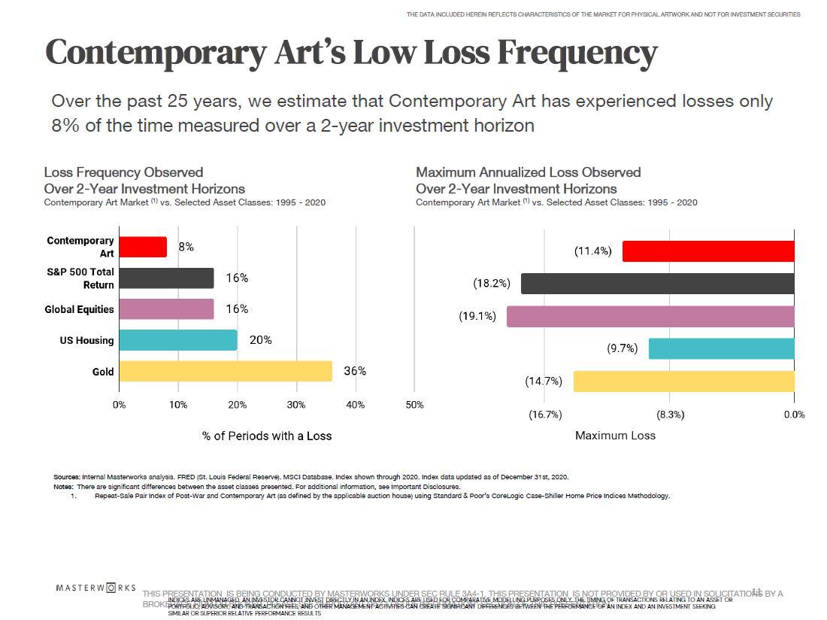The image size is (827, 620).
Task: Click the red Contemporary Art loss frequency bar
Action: pos(143,247)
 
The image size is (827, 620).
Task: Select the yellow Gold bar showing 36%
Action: pos(226,371)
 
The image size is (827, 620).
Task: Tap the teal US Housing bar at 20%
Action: pos(178,340)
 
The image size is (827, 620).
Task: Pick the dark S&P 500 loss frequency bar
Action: pos(166,278)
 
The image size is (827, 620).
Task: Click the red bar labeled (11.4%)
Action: pos(708,251)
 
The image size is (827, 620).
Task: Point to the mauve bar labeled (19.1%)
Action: pos(650,316)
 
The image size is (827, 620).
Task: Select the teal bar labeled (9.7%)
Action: pos(721,348)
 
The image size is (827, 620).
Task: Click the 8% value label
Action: pos(186,247)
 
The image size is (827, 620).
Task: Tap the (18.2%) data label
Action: pos(492,284)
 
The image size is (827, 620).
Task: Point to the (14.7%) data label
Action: pos(544,381)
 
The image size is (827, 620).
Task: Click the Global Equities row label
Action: pos(79,309)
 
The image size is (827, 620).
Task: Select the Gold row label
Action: pos(103,372)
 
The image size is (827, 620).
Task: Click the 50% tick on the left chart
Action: pos(414,405)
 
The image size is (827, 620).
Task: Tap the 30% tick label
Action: pos(296,405)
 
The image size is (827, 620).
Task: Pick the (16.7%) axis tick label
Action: pos(545,415)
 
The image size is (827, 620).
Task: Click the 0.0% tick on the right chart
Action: pos(794,415)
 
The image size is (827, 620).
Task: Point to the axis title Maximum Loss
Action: pos(615,436)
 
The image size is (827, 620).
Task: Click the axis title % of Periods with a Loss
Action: pos(266,436)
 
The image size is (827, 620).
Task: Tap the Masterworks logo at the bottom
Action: pos(96,588)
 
